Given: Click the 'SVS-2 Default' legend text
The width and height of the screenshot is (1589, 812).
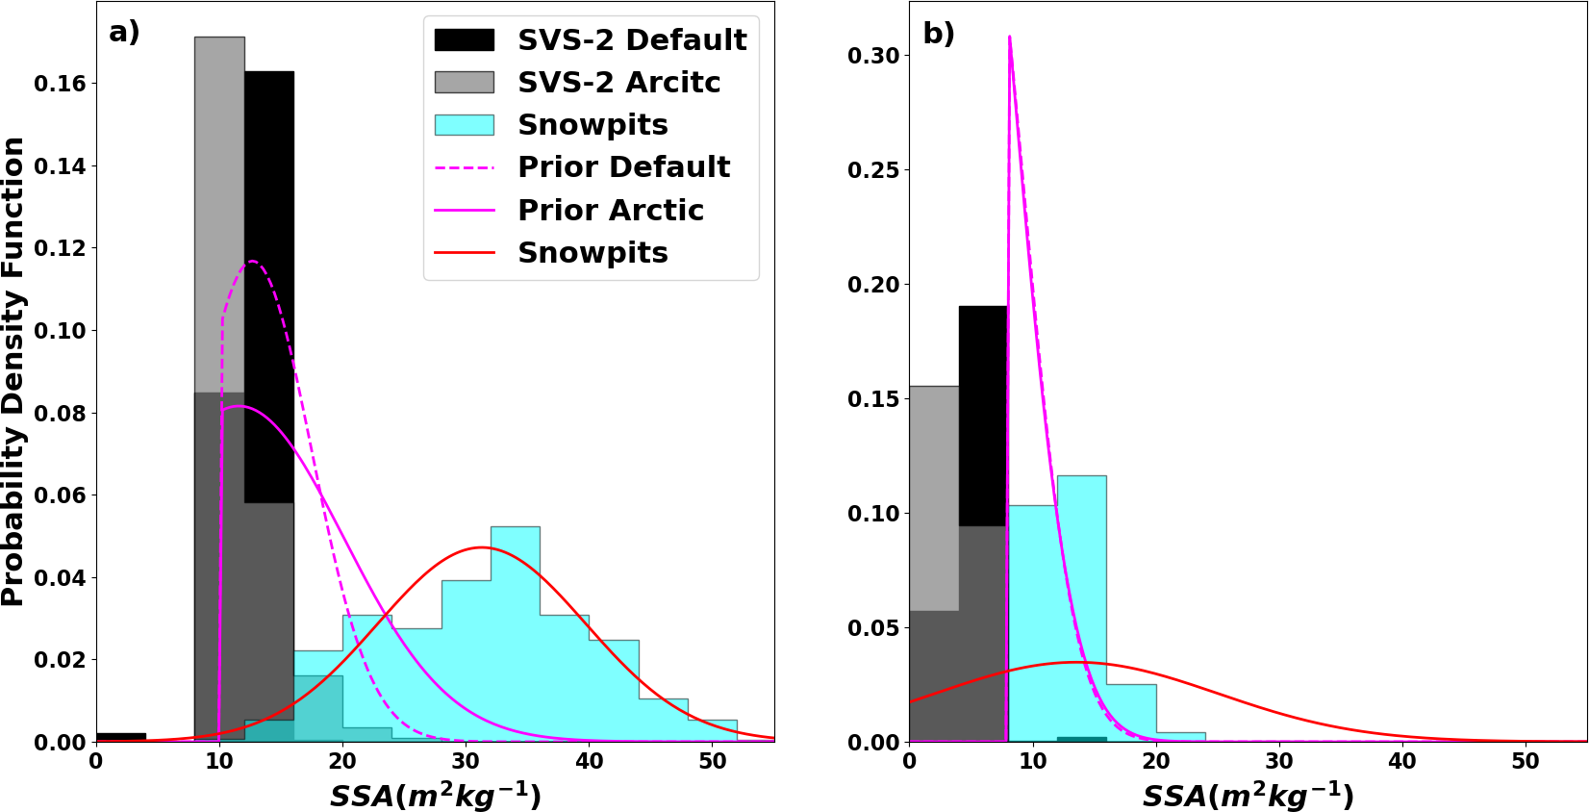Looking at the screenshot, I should click(x=632, y=40).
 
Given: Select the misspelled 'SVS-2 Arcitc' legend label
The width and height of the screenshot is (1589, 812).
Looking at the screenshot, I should click(x=618, y=83).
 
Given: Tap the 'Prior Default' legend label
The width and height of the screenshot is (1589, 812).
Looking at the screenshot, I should click(x=623, y=167).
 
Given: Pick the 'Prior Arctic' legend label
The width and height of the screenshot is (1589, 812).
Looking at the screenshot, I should click(x=610, y=210).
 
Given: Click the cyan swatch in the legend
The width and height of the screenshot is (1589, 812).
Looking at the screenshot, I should click(x=464, y=125).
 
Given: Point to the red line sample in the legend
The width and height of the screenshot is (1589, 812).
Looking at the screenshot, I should click(x=464, y=253).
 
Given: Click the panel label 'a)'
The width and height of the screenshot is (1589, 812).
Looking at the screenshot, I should click(x=124, y=33).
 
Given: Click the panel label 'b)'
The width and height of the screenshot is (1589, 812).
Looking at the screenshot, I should click(x=938, y=34).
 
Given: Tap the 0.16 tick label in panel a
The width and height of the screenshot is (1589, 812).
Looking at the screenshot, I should click(x=60, y=85).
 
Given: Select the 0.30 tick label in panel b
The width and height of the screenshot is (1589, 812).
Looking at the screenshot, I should click(x=873, y=56).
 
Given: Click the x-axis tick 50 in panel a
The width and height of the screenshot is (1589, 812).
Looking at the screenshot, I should click(x=712, y=761).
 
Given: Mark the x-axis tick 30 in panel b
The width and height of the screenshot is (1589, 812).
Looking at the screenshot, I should click(x=1279, y=761).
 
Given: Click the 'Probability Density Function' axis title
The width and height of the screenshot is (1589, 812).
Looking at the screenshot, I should click(x=13, y=371).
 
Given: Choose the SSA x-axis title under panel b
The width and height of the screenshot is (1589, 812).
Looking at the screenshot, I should click(x=1248, y=797).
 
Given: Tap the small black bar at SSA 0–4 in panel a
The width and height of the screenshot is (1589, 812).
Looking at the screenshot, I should click(x=121, y=737).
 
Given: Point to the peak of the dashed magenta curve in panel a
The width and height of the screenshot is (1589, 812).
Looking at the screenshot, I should click(x=253, y=262).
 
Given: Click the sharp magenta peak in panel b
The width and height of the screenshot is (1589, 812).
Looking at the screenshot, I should click(x=1009, y=38).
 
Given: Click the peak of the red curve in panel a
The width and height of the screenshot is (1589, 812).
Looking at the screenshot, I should click(x=482, y=547).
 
